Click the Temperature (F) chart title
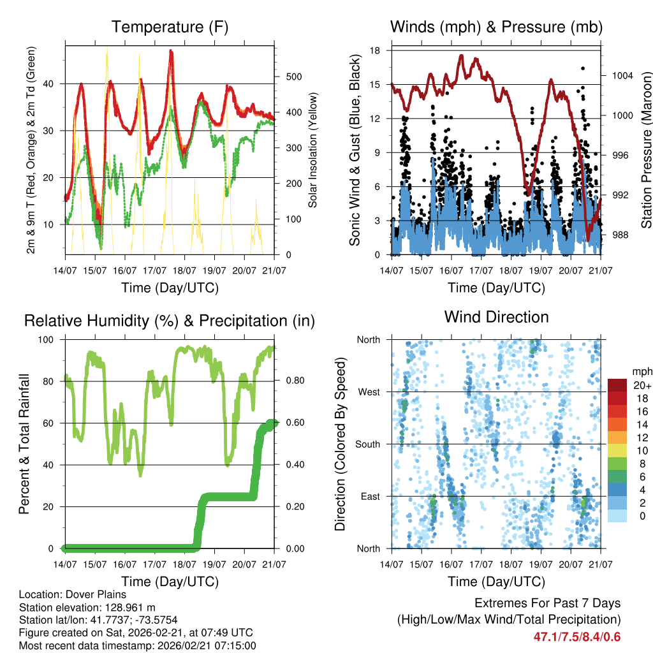click(170, 27)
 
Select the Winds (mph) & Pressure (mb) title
click(496, 27)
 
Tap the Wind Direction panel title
click(496, 316)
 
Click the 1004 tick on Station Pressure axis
click(621, 75)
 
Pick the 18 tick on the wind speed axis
click(376, 50)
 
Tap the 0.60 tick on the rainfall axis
click(294, 423)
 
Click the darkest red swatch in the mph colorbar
click(617, 385)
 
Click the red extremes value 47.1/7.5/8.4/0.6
click(576, 636)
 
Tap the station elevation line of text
click(87, 607)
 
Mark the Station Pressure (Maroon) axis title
click(646, 149)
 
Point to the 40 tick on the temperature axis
click(54, 84)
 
